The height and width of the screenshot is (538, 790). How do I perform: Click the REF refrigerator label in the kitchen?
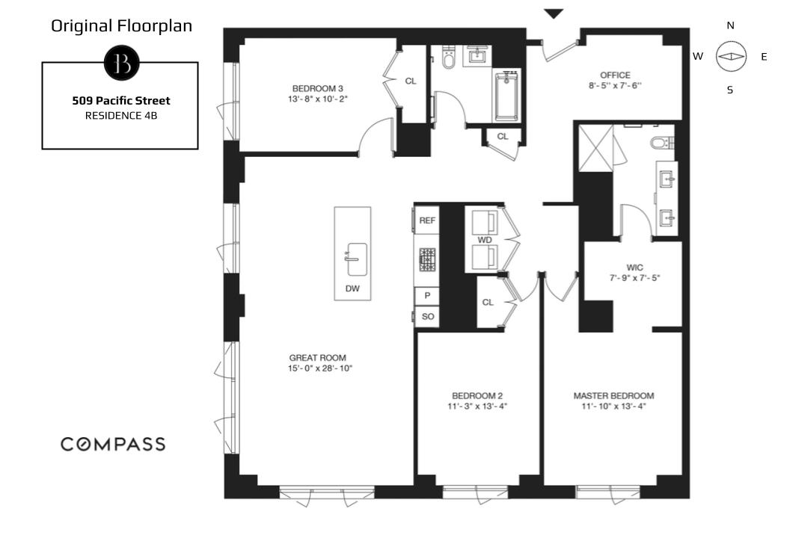(427, 220)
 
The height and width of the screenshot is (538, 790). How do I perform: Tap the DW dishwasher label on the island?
(352, 288)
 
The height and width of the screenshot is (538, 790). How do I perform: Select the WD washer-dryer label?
(485, 240)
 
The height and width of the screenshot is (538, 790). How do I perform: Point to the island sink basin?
(357, 259)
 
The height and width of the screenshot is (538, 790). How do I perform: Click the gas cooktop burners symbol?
(427, 260)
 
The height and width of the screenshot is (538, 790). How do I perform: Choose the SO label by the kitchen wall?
(428, 317)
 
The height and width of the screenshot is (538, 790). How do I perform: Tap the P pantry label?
(427, 295)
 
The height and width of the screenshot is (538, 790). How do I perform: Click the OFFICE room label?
(615, 75)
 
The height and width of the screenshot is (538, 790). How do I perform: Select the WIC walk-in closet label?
(634, 268)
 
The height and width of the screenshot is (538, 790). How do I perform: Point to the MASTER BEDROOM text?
(613, 395)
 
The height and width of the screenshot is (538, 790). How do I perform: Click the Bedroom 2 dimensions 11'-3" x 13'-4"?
(477, 406)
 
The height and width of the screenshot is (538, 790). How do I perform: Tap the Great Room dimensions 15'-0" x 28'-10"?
(320, 368)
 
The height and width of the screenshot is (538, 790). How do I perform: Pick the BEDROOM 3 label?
(317, 89)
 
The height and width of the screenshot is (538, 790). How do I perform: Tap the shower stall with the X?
(595, 148)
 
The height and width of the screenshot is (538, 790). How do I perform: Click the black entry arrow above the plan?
(553, 14)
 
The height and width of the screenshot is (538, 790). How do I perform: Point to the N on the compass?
(730, 25)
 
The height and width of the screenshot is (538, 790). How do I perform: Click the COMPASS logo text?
(113, 444)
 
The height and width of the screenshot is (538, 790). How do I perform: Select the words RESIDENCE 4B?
(121, 116)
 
